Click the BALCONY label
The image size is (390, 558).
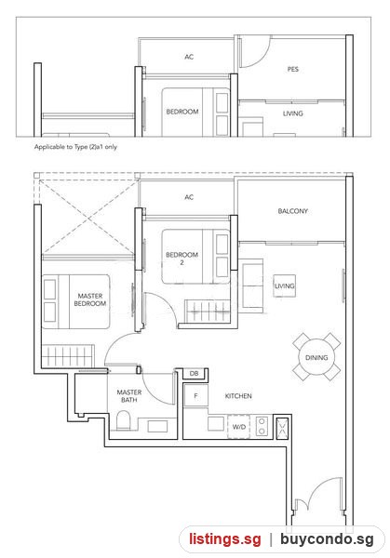point(293,211)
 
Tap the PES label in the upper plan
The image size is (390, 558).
point(293,69)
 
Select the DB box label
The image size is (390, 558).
point(195,373)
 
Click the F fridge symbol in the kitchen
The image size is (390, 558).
point(195,395)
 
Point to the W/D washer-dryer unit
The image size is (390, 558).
point(238,426)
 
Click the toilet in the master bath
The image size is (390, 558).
point(124,420)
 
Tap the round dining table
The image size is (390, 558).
point(316,357)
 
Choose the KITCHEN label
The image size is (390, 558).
point(238,396)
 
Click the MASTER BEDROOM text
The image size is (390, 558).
point(89,299)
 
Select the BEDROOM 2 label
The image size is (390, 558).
point(182,259)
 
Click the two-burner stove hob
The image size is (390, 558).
point(262,426)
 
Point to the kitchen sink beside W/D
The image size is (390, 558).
point(216,423)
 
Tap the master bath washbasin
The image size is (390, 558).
point(157,426)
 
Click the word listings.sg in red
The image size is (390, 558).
point(224,539)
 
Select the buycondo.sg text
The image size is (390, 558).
point(327,539)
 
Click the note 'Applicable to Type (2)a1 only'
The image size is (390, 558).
point(75,147)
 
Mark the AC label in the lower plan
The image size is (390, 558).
point(189,197)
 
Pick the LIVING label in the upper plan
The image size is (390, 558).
point(293,113)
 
